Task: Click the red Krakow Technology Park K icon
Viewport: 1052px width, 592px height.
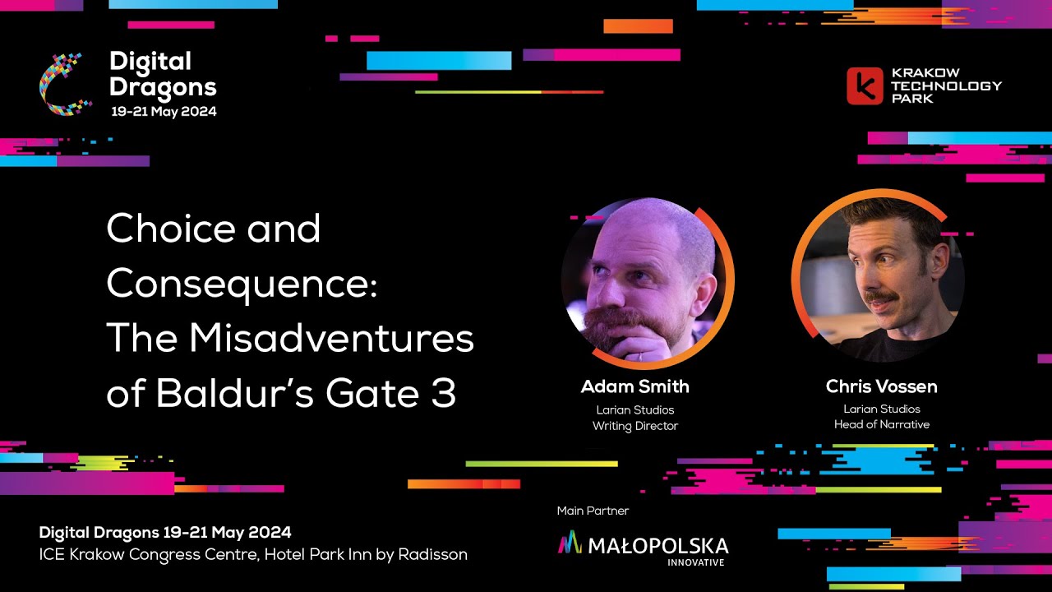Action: click(x=865, y=86)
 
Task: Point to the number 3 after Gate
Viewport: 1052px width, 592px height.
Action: click(x=444, y=394)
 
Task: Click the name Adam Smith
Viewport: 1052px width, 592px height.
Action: click(x=634, y=386)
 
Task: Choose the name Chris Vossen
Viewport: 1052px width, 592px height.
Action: click(x=881, y=386)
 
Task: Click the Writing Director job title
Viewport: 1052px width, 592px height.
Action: click(x=634, y=426)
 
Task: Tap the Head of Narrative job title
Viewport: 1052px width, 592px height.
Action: click(x=881, y=424)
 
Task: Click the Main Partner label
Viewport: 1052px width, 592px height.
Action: click(x=593, y=511)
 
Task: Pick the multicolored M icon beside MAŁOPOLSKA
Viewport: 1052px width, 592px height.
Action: click(x=570, y=542)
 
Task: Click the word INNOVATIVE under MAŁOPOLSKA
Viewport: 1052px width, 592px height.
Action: click(x=695, y=562)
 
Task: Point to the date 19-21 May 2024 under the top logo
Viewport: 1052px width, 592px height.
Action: click(x=164, y=111)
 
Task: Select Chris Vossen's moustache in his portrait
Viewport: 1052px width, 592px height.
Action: click(x=881, y=297)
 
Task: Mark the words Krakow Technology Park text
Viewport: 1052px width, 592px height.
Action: click(x=947, y=86)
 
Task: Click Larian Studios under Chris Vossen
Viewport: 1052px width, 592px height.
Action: click(x=881, y=409)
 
